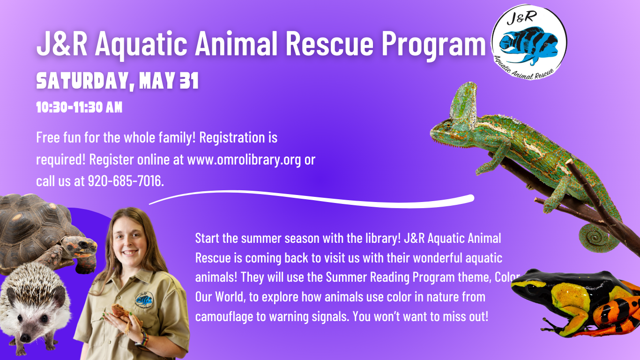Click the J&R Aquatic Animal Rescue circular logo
tap(529, 42)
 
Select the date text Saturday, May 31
tap(118, 81)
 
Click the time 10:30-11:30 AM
tap(79, 107)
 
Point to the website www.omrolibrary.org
tap(244, 159)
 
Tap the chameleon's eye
tap(447, 126)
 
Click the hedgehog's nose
tap(25, 338)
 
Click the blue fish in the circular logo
tap(529, 44)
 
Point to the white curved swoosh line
tap(312, 199)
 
